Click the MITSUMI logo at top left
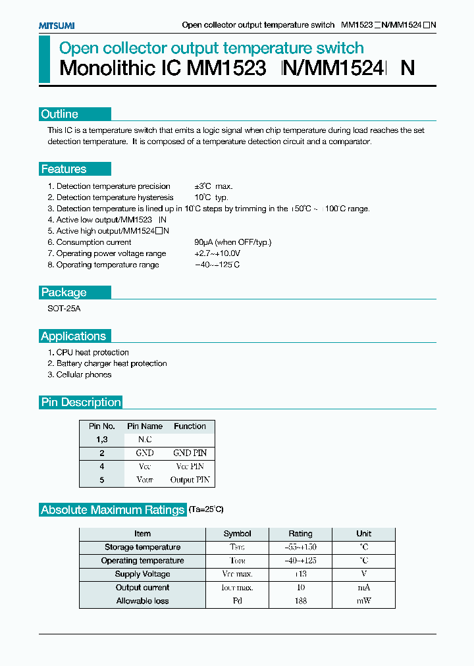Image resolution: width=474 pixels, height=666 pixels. pos(56,25)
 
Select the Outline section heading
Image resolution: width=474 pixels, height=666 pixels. pos(60,114)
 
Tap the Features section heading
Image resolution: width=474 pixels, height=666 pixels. pos(64,169)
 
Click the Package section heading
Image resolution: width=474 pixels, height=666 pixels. pos(64,292)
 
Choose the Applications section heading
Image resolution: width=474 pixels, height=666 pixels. pos(73,336)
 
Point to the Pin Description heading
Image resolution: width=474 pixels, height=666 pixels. pos(81,402)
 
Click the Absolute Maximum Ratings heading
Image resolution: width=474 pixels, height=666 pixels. pos(113,510)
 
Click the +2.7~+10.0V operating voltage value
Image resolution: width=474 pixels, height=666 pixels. pos(217,253)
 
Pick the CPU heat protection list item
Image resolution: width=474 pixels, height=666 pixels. pos(92,352)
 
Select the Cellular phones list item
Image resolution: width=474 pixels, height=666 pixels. pos(84,374)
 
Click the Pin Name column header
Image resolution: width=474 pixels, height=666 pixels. pos(145,426)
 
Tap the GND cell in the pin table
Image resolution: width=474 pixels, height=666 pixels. pos(145,453)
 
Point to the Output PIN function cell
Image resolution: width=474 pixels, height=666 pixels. pos(190,480)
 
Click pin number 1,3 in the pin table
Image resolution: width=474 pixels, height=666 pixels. pos(102,439)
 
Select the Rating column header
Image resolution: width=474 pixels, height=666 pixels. pos(300,534)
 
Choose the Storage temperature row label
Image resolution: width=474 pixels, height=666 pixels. pos(142,547)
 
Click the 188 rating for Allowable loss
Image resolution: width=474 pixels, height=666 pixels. pos(300,601)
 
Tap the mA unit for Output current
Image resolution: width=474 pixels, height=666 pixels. pos(363,588)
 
